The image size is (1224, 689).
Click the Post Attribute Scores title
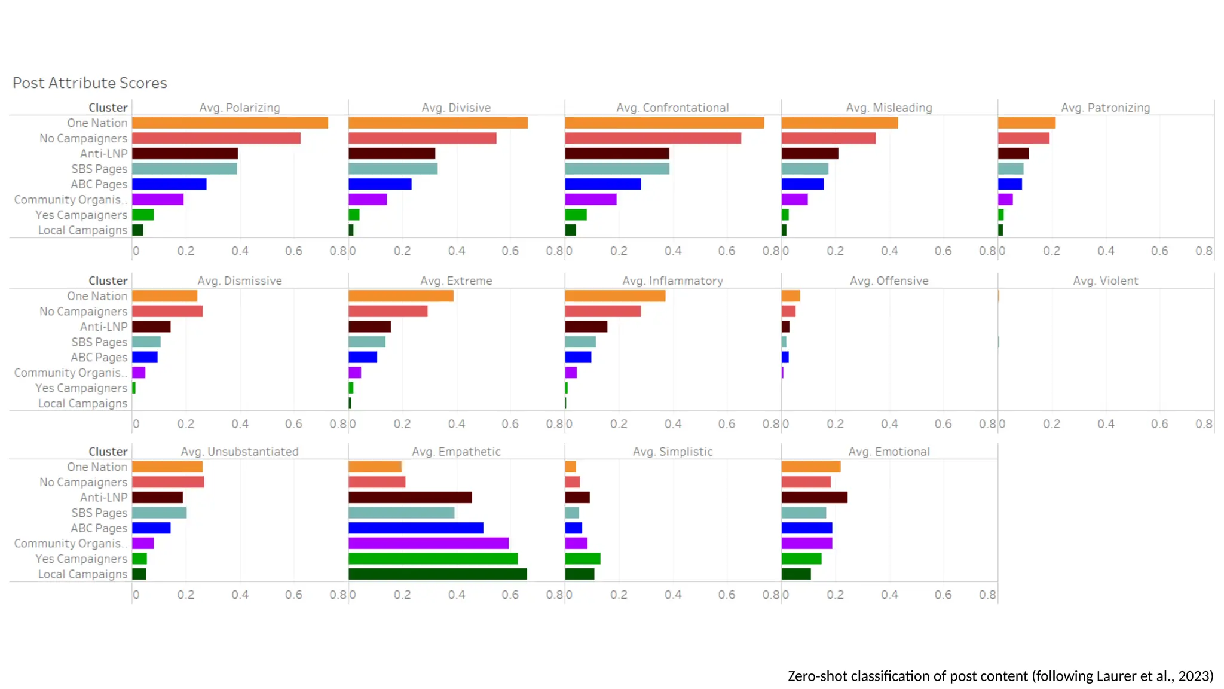pos(90,83)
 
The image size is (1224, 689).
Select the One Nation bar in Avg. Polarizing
pos(230,123)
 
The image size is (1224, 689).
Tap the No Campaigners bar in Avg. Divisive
pos(422,138)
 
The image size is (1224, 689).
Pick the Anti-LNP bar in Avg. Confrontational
pos(617,154)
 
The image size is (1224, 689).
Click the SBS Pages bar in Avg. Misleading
pos(804,169)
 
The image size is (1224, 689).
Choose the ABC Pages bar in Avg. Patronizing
pos(1009,184)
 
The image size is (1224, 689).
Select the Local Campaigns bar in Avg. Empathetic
pos(437,574)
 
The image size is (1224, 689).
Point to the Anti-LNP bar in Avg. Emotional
pos(814,498)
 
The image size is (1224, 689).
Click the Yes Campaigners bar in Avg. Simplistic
pos(582,559)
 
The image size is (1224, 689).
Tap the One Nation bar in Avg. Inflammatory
pos(615,296)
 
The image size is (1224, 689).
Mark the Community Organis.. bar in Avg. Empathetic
pos(429,543)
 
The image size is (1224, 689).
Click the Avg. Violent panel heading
pos(1105,281)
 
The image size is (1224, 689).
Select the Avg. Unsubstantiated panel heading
pos(240,452)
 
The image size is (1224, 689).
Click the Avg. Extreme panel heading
pos(456,281)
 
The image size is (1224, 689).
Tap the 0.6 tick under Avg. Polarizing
pos(293,251)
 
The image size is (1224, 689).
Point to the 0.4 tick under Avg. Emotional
pos(889,595)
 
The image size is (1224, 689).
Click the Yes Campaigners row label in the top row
pos(81,215)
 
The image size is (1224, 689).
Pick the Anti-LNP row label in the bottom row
pos(104,498)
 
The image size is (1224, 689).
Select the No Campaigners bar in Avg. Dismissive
pos(167,312)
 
